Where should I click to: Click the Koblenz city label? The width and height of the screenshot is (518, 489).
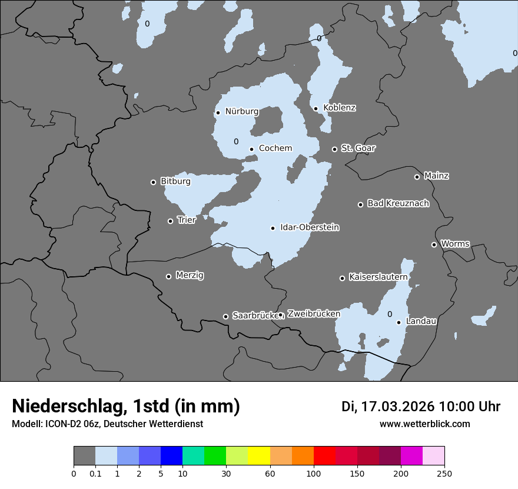point(339,108)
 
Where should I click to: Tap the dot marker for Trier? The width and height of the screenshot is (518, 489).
point(171,221)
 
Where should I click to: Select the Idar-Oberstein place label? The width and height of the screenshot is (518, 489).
point(310,227)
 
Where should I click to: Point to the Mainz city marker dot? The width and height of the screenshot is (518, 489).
point(417,177)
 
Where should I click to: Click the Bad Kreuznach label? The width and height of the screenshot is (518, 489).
point(398,203)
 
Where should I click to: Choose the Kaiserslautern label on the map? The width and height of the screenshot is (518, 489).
point(378,277)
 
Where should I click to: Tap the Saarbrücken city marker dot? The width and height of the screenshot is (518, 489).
point(225,316)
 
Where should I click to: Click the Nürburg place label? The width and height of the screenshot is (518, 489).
point(241,111)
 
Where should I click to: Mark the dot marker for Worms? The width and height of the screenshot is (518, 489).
point(434,244)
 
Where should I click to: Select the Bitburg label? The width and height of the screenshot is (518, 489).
point(175,181)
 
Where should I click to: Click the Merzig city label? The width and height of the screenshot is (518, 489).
point(190,275)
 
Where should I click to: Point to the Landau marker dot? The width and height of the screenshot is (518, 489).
point(399,322)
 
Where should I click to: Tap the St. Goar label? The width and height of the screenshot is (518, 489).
point(358,148)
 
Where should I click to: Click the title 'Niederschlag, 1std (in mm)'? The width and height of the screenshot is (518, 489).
point(126,407)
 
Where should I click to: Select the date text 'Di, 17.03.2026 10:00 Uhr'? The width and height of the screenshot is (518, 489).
point(421,407)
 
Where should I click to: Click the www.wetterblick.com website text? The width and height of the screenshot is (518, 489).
point(424,424)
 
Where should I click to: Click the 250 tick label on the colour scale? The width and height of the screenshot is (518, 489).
point(444,473)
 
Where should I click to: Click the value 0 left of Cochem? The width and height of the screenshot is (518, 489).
point(236,141)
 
